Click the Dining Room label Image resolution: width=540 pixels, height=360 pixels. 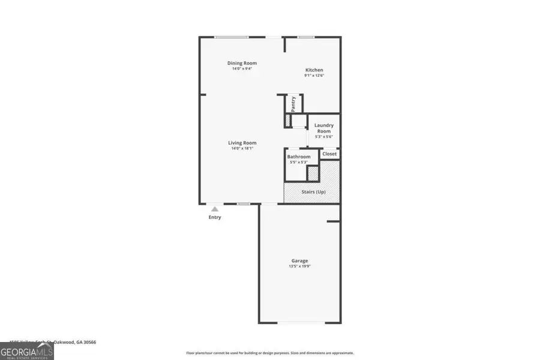tap(242, 63)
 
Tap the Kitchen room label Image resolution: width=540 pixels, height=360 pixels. tap(314, 70)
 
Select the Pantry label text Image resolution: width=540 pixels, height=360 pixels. tap(293, 104)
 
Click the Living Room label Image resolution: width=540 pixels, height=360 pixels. tap(242, 143)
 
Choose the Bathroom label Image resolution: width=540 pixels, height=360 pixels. tap(299, 157)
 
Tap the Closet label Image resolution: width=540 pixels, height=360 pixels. tap(329, 154)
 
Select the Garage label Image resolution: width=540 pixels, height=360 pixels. tap(300, 260)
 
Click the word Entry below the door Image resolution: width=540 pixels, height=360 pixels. tap(215, 217)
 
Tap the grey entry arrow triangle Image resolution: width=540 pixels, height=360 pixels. tap(214, 208)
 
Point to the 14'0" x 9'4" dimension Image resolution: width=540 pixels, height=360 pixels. tap(242, 68)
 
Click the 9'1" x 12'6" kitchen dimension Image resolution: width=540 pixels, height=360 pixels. tap(314, 76)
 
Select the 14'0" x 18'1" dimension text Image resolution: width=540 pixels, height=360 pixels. tap(242, 148)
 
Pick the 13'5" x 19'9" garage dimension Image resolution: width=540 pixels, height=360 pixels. tap(300, 266)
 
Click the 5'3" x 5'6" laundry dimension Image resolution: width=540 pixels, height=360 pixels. tap(324, 137)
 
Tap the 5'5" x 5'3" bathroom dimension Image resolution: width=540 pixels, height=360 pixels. tap(299, 162)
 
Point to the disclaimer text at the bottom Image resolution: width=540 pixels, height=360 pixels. tap(270, 353)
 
